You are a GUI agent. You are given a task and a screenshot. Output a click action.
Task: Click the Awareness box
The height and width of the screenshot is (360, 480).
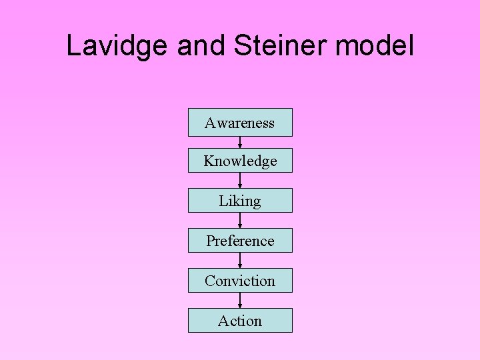coord(240,123)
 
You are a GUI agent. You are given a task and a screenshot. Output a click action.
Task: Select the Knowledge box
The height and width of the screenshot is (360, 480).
coord(240,161)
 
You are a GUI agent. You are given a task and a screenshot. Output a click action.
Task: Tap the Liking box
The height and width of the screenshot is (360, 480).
coord(240,201)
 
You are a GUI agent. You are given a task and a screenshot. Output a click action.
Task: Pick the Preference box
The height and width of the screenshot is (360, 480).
coord(240,241)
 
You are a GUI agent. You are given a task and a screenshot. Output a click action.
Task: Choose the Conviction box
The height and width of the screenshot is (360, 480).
coord(240,281)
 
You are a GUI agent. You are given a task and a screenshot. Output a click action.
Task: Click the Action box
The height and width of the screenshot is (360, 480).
coord(240,321)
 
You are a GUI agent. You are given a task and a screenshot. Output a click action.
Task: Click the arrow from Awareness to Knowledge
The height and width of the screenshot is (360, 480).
coord(240,142)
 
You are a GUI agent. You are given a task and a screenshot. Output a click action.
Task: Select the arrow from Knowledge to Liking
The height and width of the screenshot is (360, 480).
coord(240,181)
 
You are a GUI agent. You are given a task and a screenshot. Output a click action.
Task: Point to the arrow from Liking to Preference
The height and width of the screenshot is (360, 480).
coord(240,221)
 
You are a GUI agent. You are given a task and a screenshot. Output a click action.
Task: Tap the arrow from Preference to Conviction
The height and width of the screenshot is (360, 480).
coord(240,261)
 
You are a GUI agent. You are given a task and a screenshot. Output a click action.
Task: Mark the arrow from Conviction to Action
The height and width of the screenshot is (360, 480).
coord(240,301)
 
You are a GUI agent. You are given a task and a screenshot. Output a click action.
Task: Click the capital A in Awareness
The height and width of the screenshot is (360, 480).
coord(210,123)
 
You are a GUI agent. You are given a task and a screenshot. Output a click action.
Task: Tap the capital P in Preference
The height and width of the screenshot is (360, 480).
coord(210,241)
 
